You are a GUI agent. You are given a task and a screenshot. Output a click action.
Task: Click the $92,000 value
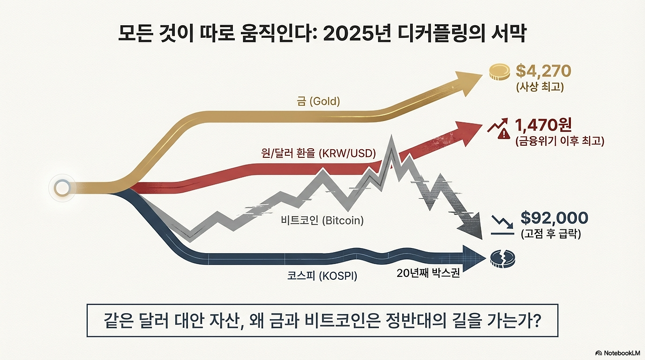click(554, 218)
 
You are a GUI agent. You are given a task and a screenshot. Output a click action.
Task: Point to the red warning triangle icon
click(503, 134)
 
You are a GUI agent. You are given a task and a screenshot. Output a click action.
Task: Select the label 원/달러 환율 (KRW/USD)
click(319, 154)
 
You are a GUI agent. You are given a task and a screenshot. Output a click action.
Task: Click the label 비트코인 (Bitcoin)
click(322, 220)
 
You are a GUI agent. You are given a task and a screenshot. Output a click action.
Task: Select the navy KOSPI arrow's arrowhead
click(474, 256)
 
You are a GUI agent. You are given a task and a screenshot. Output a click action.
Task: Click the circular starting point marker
click(61, 189)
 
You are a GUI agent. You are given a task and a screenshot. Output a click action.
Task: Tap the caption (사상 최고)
click(540, 87)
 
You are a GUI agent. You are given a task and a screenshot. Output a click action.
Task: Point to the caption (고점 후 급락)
click(550, 234)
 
